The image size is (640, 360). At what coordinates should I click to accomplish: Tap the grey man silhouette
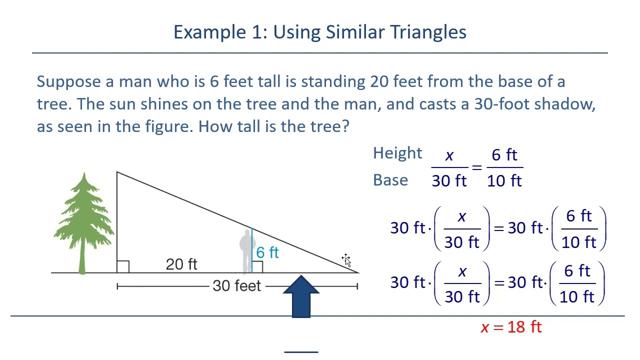pyautogui.click(x=246, y=250)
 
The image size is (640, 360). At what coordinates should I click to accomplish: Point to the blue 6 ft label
pyautogui.click(x=267, y=252)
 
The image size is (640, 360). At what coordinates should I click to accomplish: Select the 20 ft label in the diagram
pyautogui.click(x=181, y=264)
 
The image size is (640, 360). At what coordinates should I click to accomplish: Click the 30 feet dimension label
pyautogui.click(x=236, y=286)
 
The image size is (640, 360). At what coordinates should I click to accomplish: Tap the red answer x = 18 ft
pyautogui.click(x=511, y=327)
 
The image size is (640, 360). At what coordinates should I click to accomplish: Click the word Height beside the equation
pyautogui.click(x=397, y=153)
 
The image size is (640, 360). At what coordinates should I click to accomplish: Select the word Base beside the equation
pyautogui.click(x=390, y=180)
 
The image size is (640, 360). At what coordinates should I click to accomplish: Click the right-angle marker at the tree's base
pyautogui.click(x=123, y=266)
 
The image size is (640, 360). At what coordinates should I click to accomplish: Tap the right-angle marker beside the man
pyautogui.click(x=257, y=266)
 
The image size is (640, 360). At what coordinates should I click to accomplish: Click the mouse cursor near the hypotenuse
pyautogui.click(x=346, y=260)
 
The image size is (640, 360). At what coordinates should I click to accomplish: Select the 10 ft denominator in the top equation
pyautogui.click(x=504, y=181)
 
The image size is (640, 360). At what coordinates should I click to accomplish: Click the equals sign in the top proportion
pyautogui.click(x=476, y=167)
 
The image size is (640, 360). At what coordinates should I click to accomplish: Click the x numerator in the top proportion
pyautogui.click(x=449, y=156)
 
